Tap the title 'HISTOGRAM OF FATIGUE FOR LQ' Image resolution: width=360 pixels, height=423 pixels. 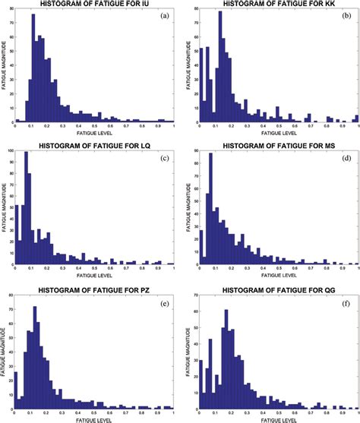click(x=95, y=145)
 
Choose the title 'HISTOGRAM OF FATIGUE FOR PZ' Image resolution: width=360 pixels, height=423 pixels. click(x=95, y=284)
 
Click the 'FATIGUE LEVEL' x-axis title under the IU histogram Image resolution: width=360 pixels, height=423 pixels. click(x=95, y=133)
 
